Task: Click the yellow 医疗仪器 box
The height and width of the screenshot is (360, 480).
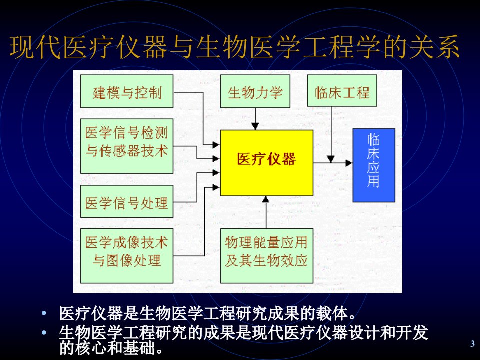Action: point(267,163)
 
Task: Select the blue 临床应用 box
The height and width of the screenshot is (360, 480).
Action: point(374,165)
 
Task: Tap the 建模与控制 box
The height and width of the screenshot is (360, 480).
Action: point(127,91)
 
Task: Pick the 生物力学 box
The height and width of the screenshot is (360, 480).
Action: point(255,91)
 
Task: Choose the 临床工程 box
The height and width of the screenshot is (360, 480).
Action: point(342,91)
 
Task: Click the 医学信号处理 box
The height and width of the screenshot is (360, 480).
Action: point(127,201)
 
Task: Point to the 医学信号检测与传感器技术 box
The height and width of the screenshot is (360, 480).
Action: point(127,146)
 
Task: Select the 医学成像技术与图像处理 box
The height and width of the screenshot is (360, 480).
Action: point(127,256)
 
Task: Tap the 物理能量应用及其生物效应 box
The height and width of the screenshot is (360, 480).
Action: point(267,256)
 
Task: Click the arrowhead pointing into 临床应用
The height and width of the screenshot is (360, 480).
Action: point(349,163)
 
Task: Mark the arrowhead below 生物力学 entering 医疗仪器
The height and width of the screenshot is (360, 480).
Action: point(255,126)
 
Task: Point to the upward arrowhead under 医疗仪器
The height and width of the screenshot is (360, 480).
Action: point(266,199)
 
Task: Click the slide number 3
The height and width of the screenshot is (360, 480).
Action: point(472,343)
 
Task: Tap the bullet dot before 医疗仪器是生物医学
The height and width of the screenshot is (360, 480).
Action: point(44,313)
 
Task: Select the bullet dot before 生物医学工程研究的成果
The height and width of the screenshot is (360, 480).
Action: point(44,333)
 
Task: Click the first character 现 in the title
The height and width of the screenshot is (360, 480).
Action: point(22,47)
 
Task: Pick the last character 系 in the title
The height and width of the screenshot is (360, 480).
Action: point(448,47)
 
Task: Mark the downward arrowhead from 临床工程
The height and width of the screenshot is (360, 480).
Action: point(331,159)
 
